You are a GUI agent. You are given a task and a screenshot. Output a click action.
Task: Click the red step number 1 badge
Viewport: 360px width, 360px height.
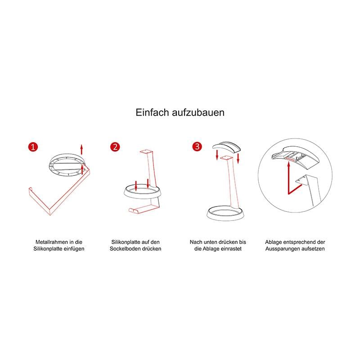click(33, 147)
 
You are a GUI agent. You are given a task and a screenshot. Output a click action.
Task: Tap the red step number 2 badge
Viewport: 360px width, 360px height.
click(115, 147)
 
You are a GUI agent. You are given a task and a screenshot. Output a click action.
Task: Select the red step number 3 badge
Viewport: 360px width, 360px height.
click(197, 146)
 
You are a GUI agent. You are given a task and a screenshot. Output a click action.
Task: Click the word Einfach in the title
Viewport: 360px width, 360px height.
click(152, 112)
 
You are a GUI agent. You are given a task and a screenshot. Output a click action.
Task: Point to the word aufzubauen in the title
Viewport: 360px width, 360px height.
click(198, 112)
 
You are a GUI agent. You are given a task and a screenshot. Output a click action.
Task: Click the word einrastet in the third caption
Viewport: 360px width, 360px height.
click(230, 249)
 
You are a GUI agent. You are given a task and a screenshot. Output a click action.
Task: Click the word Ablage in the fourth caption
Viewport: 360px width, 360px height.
click(274, 242)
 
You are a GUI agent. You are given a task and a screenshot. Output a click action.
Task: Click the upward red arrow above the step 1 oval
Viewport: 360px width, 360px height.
click(81, 149)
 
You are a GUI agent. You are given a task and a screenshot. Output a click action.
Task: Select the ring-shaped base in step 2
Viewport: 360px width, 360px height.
click(142, 194)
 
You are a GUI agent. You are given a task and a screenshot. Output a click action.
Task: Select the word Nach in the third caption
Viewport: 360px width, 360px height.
click(195, 242)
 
